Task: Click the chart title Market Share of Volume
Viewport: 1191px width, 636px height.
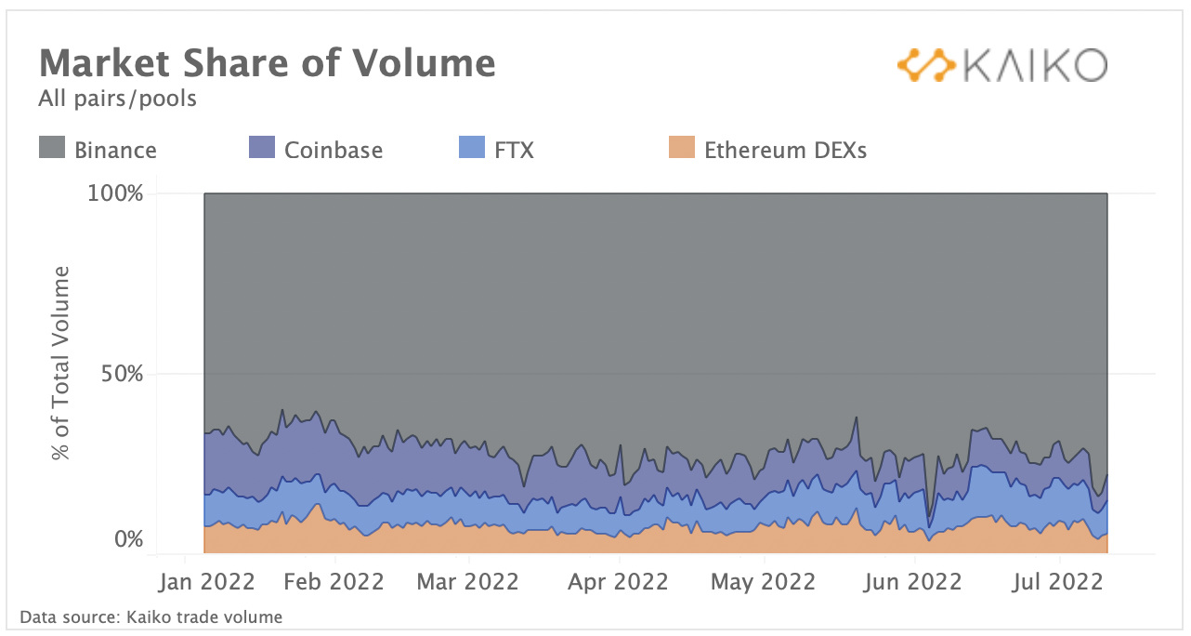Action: tap(267, 63)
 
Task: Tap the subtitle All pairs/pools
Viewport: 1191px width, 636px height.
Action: tap(117, 98)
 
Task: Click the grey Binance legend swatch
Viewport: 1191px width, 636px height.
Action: tap(52, 148)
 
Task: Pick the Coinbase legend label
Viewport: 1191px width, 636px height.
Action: tap(334, 150)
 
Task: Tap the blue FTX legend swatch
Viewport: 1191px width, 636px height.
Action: tap(473, 148)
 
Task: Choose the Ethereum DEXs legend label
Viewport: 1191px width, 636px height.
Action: tap(785, 150)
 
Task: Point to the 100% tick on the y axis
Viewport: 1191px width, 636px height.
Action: tap(117, 194)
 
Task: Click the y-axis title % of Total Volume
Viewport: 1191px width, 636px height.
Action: tap(61, 363)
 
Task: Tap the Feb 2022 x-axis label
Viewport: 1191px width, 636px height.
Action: tap(334, 582)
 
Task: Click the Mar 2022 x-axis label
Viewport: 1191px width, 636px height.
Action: tap(468, 582)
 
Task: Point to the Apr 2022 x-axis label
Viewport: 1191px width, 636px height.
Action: tap(618, 582)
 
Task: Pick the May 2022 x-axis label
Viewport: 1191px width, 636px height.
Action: tap(763, 582)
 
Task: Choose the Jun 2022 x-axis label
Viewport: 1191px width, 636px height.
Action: tap(913, 582)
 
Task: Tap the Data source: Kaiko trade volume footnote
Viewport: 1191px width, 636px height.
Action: tap(151, 616)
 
